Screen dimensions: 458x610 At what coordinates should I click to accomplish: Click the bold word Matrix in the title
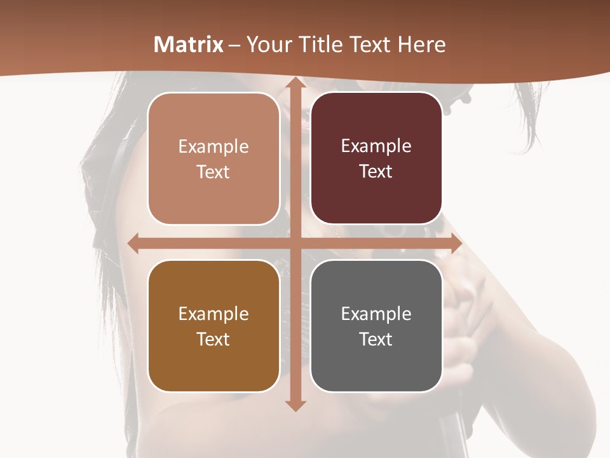(189, 45)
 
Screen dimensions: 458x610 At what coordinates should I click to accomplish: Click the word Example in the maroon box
(376, 146)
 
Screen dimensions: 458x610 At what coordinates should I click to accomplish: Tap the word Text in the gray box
(376, 339)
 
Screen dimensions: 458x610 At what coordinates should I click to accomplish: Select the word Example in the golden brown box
(213, 314)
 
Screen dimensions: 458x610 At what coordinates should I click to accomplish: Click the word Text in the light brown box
(213, 172)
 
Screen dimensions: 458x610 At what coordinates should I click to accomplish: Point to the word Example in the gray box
(376, 314)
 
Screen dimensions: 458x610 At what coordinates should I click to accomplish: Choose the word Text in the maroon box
(376, 172)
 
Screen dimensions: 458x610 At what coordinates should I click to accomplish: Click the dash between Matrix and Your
(234, 45)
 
